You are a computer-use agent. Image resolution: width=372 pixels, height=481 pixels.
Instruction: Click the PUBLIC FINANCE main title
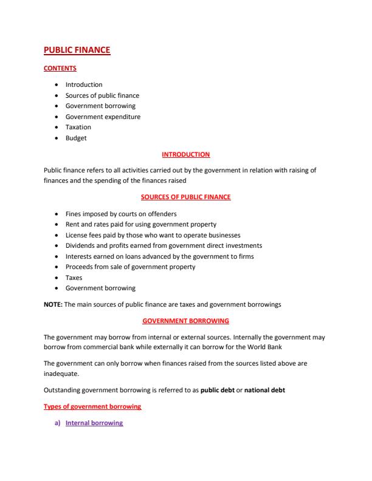click(77, 51)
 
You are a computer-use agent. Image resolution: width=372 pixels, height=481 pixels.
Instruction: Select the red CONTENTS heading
click(60, 69)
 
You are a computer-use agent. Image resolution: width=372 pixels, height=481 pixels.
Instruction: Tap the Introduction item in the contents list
click(84, 84)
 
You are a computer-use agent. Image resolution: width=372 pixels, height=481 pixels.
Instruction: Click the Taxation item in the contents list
click(78, 127)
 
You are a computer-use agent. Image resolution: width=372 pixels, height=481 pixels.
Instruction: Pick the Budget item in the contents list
click(76, 138)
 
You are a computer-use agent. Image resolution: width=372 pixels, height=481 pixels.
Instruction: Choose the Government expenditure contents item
click(103, 117)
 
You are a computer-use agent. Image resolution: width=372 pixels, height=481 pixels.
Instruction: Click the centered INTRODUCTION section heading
click(185, 154)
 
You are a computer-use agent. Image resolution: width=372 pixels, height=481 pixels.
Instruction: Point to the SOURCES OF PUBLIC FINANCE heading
click(185, 197)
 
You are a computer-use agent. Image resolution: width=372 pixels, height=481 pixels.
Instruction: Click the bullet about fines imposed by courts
click(121, 214)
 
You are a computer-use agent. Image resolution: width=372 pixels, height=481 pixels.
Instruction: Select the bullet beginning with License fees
click(153, 235)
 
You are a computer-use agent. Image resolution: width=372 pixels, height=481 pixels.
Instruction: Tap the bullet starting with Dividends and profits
click(164, 245)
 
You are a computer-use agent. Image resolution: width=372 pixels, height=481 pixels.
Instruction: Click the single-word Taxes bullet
click(74, 278)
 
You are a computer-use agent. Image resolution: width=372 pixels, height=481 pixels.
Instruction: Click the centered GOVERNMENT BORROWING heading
click(185, 320)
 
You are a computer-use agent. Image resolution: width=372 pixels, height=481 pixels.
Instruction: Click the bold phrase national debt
click(264, 390)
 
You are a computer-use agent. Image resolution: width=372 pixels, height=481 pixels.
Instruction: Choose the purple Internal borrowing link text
click(94, 423)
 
